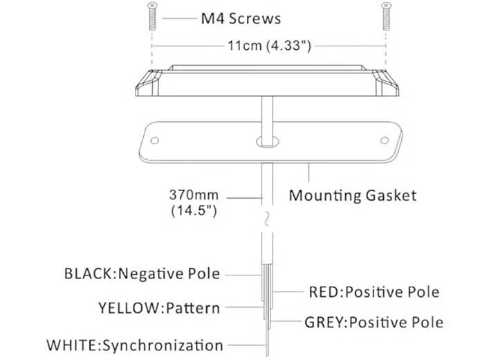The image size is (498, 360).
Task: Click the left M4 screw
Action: [152, 17]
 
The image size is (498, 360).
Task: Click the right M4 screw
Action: [386, 17]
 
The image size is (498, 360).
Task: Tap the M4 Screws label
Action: [241, 19]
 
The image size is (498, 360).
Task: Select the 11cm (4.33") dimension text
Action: [269, 46]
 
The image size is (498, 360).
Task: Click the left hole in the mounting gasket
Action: [155, 141]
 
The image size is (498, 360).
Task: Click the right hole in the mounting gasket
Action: [385, 141]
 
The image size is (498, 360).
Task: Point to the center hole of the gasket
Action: [268, 142]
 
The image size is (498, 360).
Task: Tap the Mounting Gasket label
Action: [353, 195]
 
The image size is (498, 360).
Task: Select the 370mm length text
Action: [194, 195]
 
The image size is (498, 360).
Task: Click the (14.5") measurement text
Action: [194, 210]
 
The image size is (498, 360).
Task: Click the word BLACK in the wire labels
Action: [88, 273]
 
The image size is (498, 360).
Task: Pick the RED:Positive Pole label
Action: [374, 292]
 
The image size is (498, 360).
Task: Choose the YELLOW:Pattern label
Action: [159, 308]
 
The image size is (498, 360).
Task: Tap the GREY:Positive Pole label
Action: [373, 323]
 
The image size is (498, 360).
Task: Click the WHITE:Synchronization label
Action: [135, 345]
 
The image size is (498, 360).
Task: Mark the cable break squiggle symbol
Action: [267, 219]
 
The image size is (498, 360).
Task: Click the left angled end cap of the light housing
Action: [148, 83]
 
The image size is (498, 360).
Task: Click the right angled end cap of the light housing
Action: [386, 83]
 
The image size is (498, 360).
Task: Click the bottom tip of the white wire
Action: [267, 356]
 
